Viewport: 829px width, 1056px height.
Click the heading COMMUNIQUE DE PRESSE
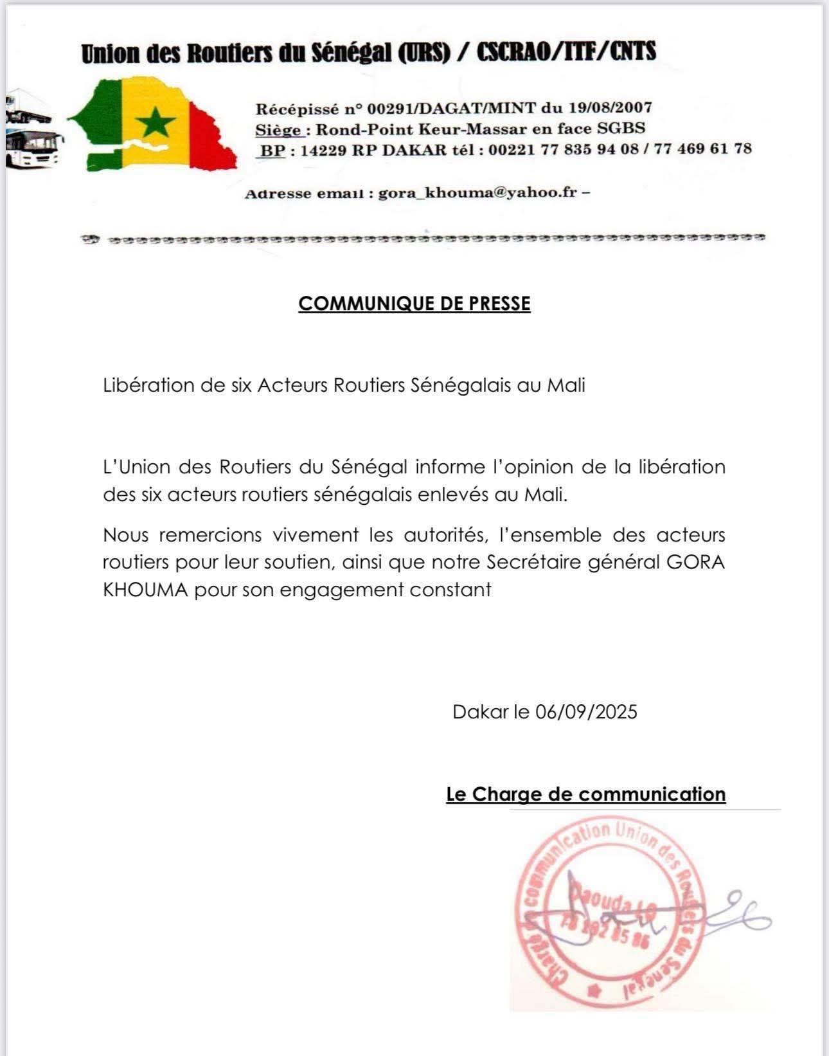tap(415, 304)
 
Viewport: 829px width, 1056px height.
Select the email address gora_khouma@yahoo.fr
tap(477, 192)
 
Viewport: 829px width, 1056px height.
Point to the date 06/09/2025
tap(586, 712)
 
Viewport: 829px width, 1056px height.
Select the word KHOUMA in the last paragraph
tap(145, 590)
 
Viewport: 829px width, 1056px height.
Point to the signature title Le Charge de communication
tap(585, 794)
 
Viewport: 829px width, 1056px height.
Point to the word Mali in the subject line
tap(566, 385)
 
